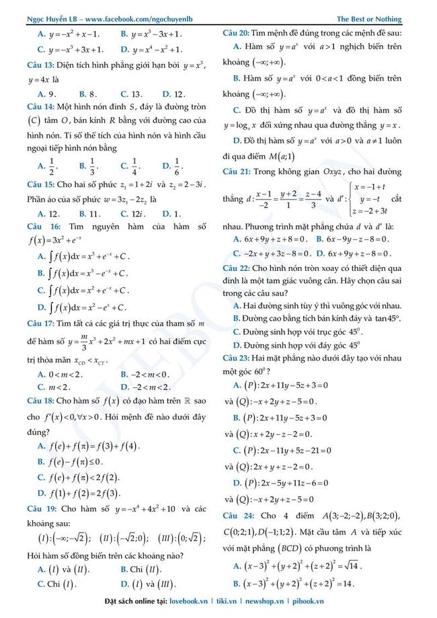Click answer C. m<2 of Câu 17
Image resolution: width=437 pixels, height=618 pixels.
[55, 387]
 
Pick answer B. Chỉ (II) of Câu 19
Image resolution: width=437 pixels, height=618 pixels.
[142, 569]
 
